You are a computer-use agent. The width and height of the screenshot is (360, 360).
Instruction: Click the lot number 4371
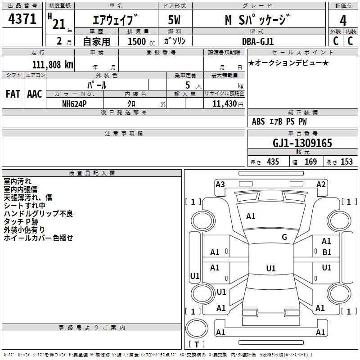click(22, 19)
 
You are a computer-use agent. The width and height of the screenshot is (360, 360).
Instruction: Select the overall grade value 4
click(343, 21)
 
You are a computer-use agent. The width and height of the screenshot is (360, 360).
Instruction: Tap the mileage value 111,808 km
click(53, 65)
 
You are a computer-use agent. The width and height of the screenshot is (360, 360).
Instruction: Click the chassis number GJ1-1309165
click(302, 143)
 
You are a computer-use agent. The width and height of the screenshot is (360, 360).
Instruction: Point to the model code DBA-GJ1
click(258, 41)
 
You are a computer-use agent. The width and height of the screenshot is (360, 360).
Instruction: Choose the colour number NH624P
click(74, 104)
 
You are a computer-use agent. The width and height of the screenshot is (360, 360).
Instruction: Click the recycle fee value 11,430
click(224, 104)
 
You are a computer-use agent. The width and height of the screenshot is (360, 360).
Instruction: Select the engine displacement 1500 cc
click(141, 41)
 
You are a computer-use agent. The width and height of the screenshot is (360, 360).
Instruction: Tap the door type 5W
click(174, 20)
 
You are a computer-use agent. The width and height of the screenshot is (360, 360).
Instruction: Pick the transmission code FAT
click(13, 94)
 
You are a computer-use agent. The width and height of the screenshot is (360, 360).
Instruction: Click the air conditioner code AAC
click(35, 94)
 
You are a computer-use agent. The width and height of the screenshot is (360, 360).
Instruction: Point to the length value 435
click(273, 162)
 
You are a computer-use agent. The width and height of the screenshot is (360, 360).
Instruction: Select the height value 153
click(346, 162)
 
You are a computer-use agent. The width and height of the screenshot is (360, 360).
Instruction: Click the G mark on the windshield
click(284, 237)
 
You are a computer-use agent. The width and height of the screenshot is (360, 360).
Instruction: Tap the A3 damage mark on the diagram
click(220, 184)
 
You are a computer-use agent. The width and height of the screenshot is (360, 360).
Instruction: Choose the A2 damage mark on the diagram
click(321, 184)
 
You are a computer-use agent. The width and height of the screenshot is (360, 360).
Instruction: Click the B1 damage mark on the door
click(327, 252)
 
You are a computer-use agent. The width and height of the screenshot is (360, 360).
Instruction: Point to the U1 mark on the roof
click(271, 268)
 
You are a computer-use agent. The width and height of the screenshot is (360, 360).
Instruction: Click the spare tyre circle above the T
click(197, 328)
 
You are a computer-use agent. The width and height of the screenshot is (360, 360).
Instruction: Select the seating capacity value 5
click(188, 85)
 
